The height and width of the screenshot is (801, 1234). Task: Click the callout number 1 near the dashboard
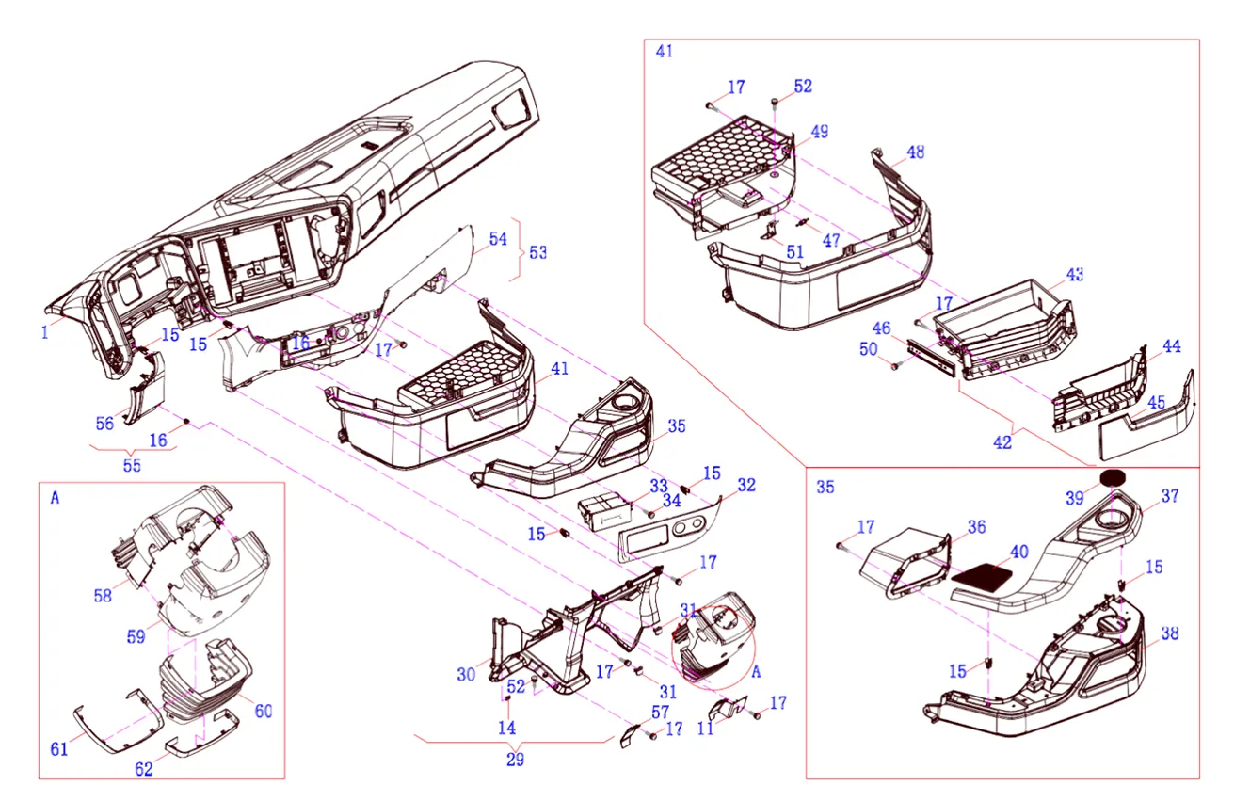pyautogui.click(x=44, y=330)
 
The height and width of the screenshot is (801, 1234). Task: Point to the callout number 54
pyautogui.click(x=497, y=239)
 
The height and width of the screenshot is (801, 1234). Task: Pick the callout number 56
pyautogui.click(x=104, y=424)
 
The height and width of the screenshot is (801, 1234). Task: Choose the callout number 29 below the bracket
pyautogui.click(x=515, y=760)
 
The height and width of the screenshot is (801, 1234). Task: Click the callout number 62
pyautogui.click(x=143, y=769)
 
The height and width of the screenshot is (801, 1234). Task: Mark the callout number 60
pyautogui.click(x=264, y=712)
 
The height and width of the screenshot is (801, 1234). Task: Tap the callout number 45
pyautogui.click(x=1156, y=403)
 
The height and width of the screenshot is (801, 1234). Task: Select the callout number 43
pyautogui.click(x=1075, y=275)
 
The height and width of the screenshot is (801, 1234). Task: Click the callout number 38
pyautogui.click(x=1170, y=633)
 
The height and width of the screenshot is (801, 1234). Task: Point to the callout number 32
pyautogui.click(x=746, y=486)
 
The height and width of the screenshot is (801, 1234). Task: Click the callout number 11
pyautogui.click(x=705, y=728)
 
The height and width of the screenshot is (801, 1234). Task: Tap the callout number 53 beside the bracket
pyautogui.click(x=538, y=253)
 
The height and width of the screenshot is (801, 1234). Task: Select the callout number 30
pyautogui.click(x=466, y=674)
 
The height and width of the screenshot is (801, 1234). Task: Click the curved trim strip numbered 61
pyautogui.click(x=104, y=729)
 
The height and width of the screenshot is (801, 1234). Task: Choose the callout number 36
pyautogui.click(x=976, y=528)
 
